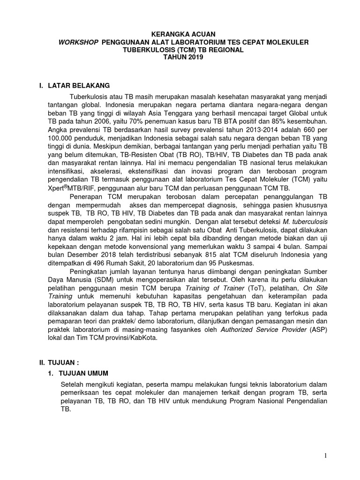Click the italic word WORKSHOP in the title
coord(78,42)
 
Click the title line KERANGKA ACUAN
coord(180,34)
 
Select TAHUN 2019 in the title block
coord(180,57)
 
